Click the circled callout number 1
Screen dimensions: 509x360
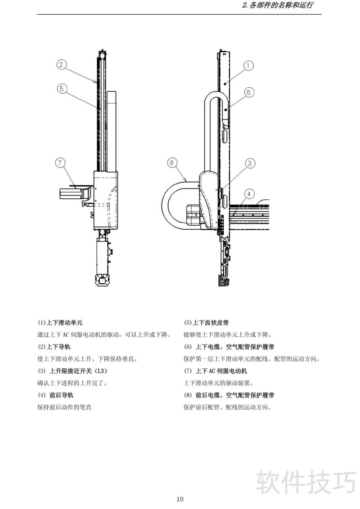248,66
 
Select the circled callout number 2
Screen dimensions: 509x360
62,64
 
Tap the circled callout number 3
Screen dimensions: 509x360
250,164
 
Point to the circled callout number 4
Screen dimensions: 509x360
250,194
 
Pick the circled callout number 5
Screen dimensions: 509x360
62,89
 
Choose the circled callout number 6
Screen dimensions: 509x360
248,93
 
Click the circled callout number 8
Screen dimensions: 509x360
172,163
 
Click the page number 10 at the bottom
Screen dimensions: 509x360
180,499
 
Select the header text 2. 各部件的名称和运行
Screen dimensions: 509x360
277,6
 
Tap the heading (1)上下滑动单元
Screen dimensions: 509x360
60,323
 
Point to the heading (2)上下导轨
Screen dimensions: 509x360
54,347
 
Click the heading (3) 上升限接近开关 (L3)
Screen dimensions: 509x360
73,371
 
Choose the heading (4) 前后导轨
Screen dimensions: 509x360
55,396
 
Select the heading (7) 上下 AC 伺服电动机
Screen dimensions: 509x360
216,371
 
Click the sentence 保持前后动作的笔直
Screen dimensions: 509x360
64,407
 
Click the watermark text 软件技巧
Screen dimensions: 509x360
306,482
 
